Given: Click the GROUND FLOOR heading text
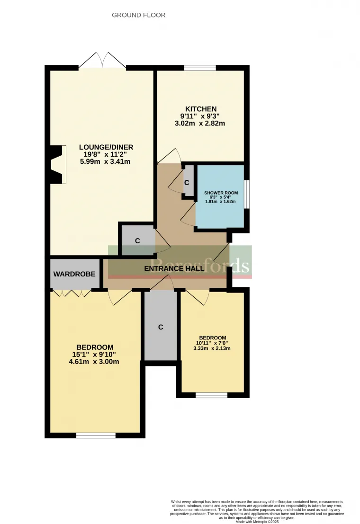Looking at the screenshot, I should coord(138,15).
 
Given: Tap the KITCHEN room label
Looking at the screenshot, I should coord(200,109).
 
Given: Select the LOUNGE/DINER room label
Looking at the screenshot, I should coord(104,147).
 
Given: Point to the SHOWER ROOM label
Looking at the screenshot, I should coord(221,193).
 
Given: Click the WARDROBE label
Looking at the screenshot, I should coord(74,274).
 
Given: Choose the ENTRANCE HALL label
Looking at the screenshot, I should coord(174,268).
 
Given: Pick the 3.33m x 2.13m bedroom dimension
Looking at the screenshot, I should coord(212,349).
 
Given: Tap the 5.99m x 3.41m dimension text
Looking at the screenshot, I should coord(105,161).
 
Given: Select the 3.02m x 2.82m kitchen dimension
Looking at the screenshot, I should coord(200,124).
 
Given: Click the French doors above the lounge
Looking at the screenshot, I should coord(103,61).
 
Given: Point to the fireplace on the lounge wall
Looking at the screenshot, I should coord(57,164).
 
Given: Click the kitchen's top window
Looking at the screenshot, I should coord(200,68).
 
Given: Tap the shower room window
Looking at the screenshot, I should coord(246,194).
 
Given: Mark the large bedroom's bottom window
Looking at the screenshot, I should coord(95,435).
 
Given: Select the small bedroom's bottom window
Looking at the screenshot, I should coord(212,395).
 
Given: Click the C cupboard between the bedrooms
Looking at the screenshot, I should coord(161,327).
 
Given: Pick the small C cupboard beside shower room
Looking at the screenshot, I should coord(188,182).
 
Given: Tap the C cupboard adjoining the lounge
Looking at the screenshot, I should coord(137,240).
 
